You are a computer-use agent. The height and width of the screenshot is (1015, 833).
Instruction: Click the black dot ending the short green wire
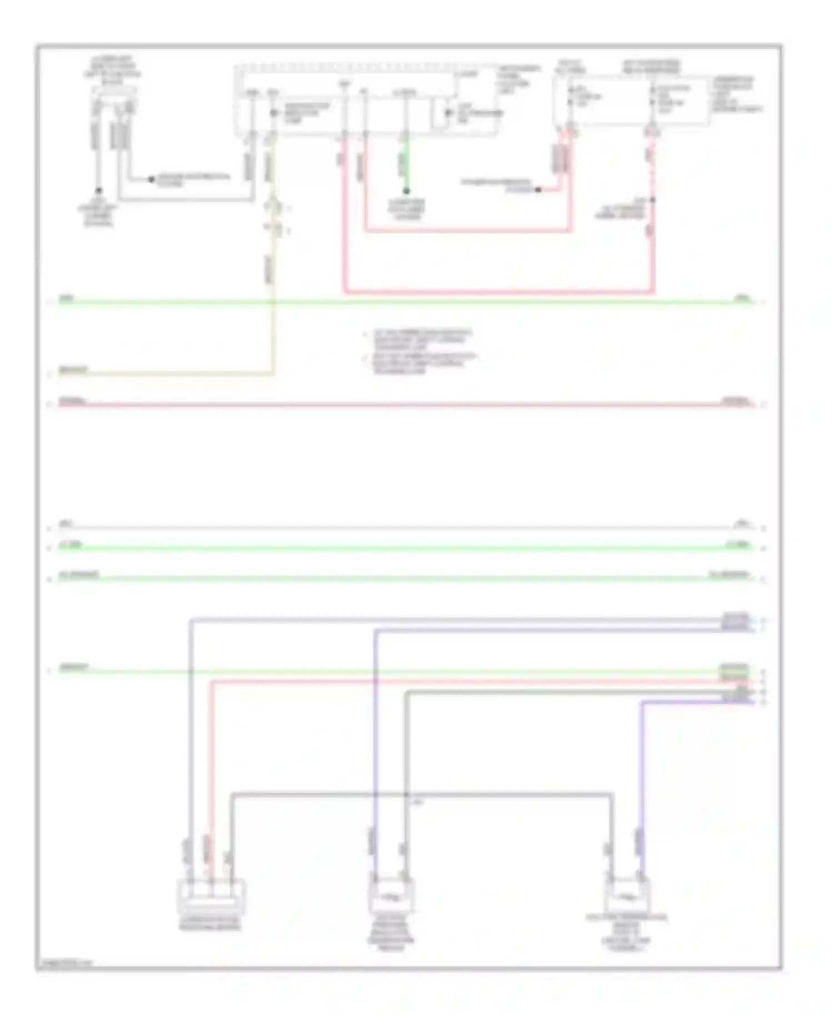click(x=407, y=190)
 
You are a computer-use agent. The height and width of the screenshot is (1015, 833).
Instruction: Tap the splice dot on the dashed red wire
click(x=653, y=200)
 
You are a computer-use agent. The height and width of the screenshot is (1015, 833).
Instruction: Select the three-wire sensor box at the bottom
click(x=210, y=897)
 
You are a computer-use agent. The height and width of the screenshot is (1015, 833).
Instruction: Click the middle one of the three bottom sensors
click(x=392, y=894)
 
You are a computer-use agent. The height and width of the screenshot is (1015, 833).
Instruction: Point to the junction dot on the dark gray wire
click(x=407, y=796)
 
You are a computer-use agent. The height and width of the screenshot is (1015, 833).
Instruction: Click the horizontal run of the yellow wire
click(x=167, y=374)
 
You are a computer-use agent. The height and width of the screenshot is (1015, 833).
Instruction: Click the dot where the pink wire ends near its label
click(x=538, y=190)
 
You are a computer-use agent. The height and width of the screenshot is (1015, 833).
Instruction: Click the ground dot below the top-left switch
click(x=99, y=190)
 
